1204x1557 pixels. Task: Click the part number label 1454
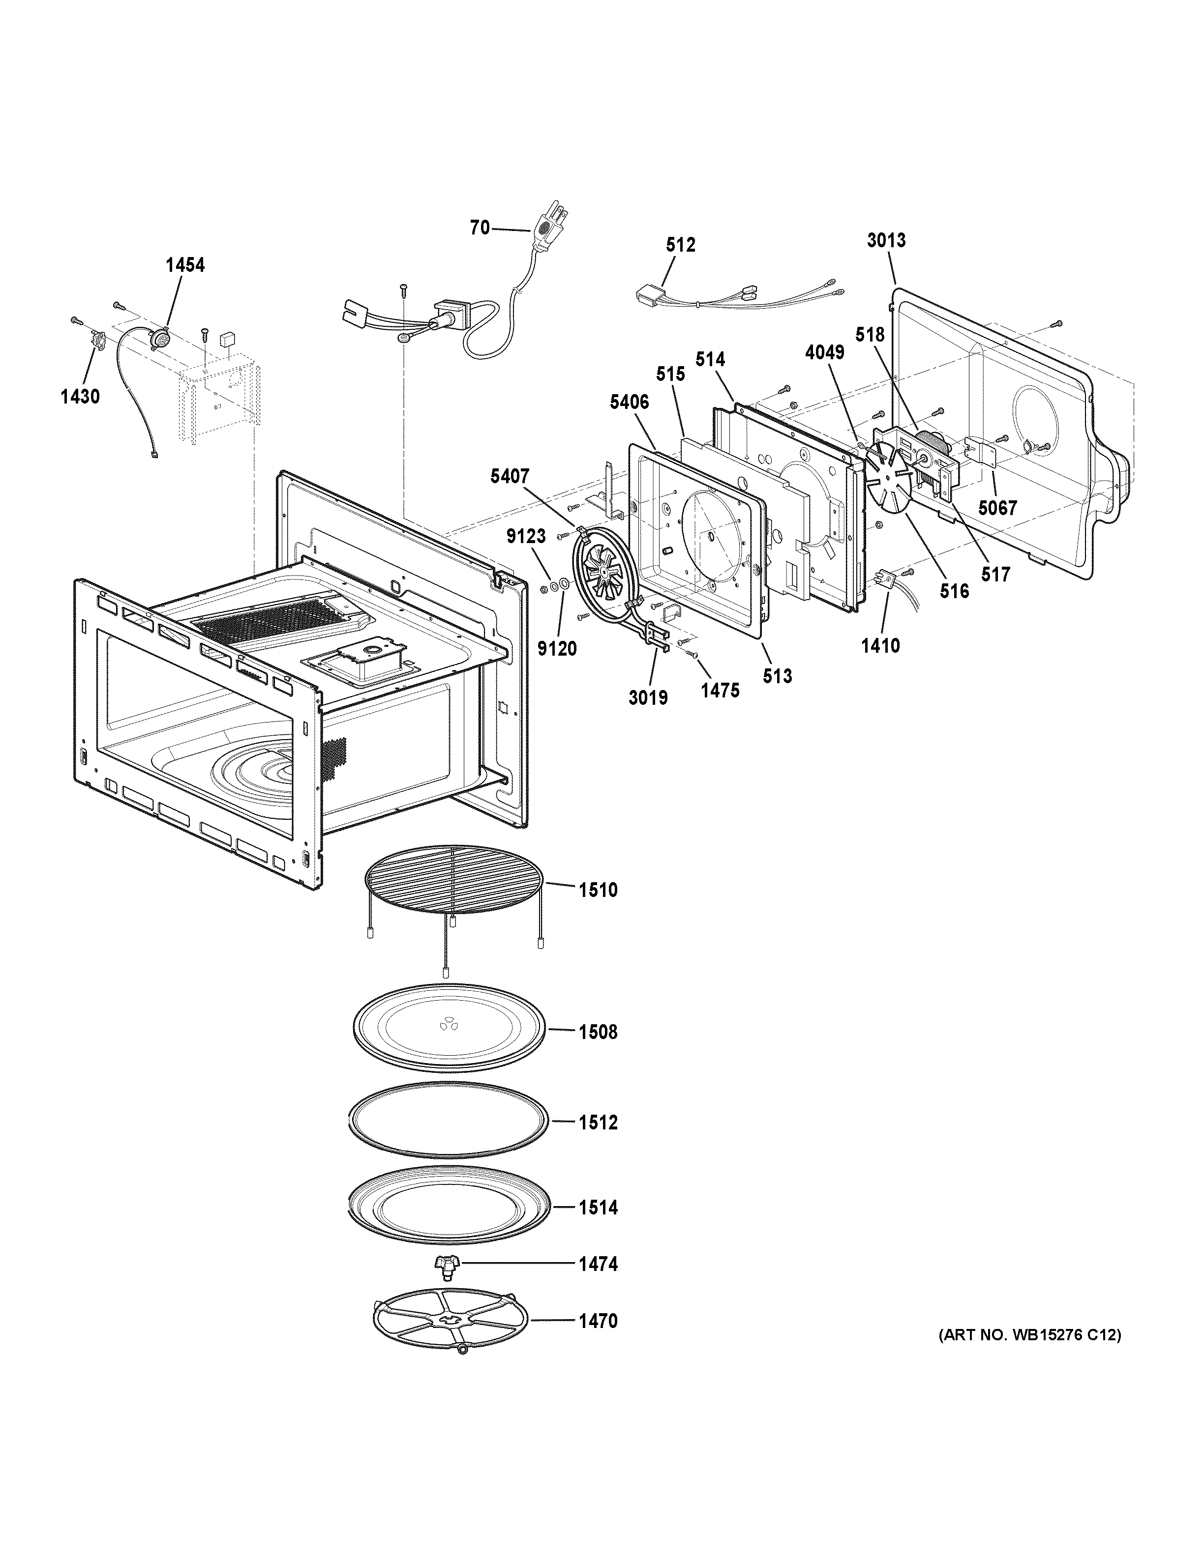[x=185, y=265]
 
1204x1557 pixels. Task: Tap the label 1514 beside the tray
[x=598, y=1208]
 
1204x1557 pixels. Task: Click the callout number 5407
[x=509, y=476]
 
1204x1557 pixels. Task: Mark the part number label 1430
[x=80, y=397]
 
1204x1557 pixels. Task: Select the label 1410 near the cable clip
[x=880, y=646]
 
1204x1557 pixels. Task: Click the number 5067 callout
[x=997, y=508]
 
